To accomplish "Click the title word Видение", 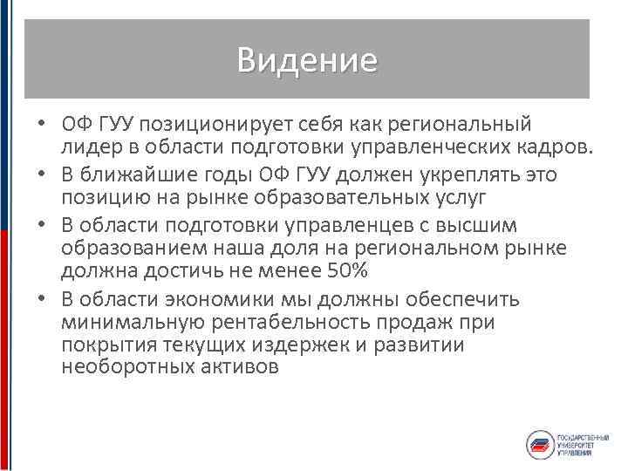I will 306,60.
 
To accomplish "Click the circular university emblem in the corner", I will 540,444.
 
